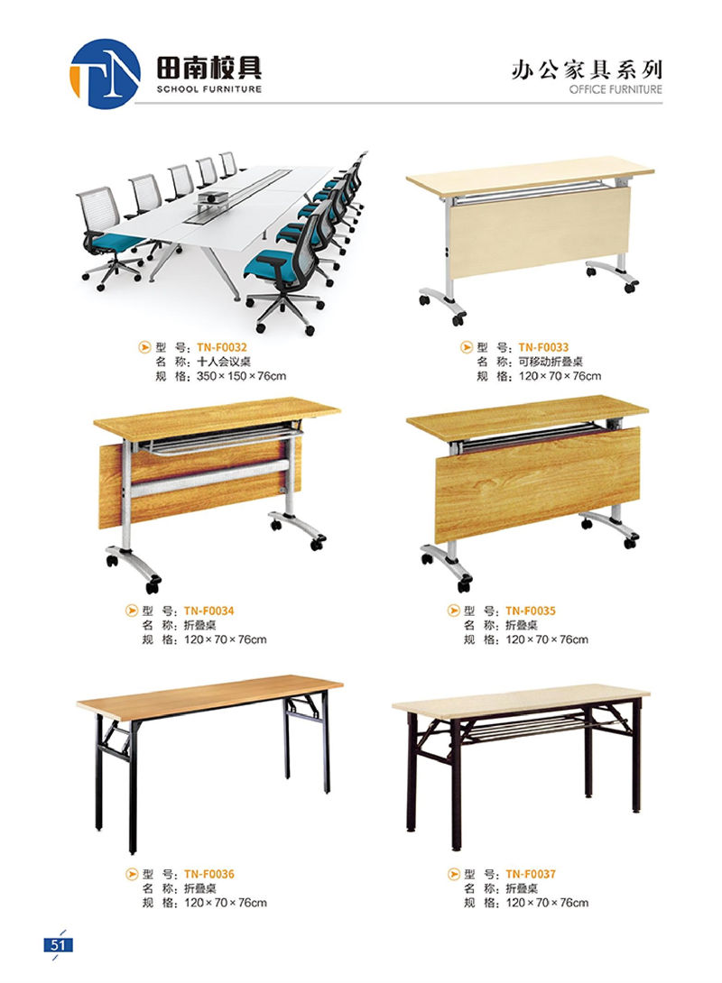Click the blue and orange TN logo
point(105,73)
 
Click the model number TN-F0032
point(222,347)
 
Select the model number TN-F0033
point(544,347)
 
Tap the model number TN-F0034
point(208,611)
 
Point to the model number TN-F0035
point(531,611)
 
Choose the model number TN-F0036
point(208,874)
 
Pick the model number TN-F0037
point(531,874)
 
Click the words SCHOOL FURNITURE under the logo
point(208,89)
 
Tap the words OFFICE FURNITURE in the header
point(616,89)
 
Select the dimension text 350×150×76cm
point(242,376)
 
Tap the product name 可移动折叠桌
point(551,362)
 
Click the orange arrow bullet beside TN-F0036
point(132,874)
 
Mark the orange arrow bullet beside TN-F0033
point(467,347)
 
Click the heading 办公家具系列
point(587,69)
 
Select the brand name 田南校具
point(208,67)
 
